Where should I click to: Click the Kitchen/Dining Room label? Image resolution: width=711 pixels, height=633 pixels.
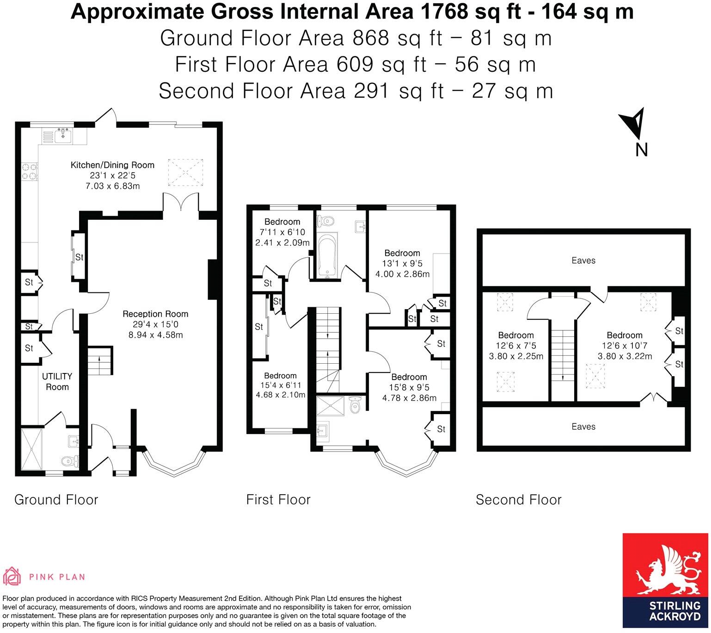[x=112, y=165]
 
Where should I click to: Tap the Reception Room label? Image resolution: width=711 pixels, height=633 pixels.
[x=155, y=314]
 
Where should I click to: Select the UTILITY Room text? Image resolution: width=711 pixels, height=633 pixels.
[x=57, y=382]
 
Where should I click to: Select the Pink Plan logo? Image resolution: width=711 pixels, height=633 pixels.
[x=44, y=576]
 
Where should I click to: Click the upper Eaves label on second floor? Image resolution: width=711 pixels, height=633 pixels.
[x=583, y=261]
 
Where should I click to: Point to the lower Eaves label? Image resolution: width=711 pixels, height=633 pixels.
[x=583, y=427]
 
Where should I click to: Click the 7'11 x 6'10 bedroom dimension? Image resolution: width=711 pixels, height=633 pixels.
[x=282, y=232]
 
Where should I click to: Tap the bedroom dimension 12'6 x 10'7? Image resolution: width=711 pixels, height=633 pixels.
[x=625, y=346]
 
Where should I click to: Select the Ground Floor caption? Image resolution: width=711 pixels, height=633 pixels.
[x=56, y=500]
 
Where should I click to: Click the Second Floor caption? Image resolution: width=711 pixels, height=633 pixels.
[x=518, y=500]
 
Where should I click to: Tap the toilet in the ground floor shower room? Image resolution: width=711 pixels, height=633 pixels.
[x=69, y=460]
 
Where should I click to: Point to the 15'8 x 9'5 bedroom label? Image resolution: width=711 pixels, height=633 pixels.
[x=409, y=387]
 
